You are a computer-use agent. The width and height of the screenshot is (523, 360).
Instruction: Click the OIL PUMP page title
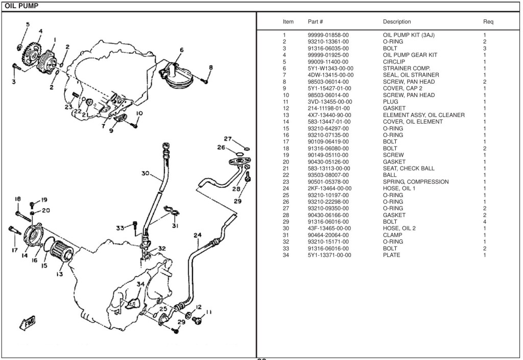click(21, 6)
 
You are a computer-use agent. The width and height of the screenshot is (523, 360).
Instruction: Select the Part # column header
click(315, 22)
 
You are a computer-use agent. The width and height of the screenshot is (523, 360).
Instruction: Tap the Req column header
click(488, 22)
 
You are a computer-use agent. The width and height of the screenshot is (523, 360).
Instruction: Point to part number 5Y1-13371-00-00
click(329, 255)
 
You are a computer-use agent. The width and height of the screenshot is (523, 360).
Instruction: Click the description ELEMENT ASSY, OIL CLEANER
click(424, 115)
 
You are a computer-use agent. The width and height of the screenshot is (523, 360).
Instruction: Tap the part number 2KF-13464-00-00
click(329, 188)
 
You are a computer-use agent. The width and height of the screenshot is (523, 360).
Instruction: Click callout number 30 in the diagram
click(145, 174)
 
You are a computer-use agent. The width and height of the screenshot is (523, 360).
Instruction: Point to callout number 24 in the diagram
click(198, 235)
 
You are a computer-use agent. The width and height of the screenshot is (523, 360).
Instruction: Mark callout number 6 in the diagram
click(181, 50)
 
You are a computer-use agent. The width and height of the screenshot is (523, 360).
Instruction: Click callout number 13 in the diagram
click(60, 274)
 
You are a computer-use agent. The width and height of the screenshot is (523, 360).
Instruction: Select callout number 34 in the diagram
click(140, 284)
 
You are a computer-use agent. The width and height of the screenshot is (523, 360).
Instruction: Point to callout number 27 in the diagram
click(228, 139)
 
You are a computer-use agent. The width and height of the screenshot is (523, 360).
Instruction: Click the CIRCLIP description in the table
click(393, 61)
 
